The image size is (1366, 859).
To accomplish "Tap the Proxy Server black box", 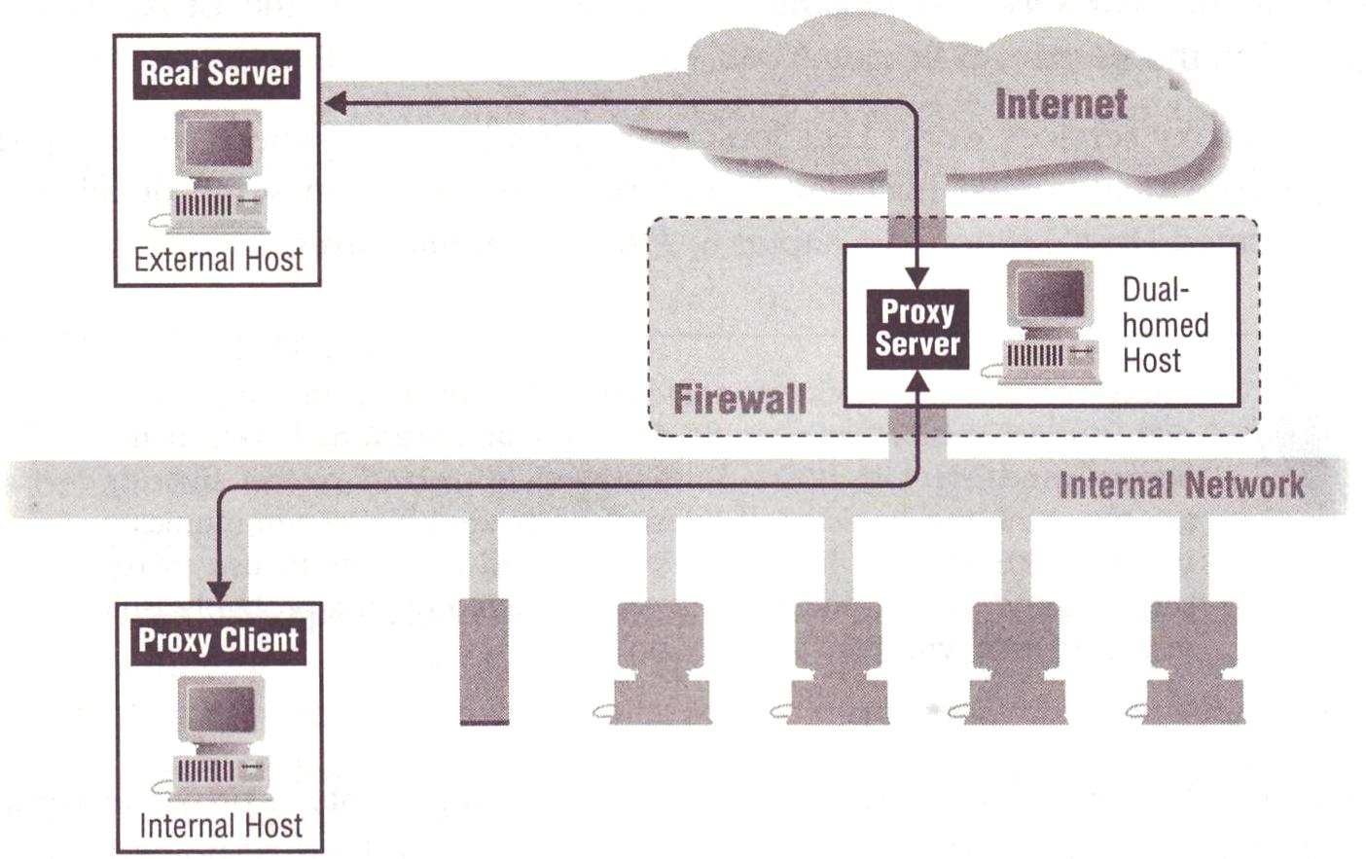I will (917, 329).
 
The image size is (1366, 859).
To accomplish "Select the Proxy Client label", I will (218, 641).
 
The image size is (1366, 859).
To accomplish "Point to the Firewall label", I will (739, 399).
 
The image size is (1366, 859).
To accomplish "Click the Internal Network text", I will (1181, 484).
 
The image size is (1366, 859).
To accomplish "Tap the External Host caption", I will (218, 260).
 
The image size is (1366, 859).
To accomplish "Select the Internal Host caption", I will (221, 826).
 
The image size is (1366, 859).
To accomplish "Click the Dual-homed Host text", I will (1165, 325).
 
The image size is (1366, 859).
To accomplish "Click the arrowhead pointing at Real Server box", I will (335, 104).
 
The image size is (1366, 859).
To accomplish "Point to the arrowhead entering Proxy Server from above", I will (917, 277).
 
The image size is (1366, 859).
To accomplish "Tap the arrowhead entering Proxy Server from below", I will (917, 383).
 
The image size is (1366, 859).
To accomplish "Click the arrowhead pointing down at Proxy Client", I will (220, 591).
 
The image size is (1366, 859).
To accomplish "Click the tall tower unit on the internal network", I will (484, 661).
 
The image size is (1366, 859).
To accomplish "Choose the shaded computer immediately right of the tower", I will (659, 662).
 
